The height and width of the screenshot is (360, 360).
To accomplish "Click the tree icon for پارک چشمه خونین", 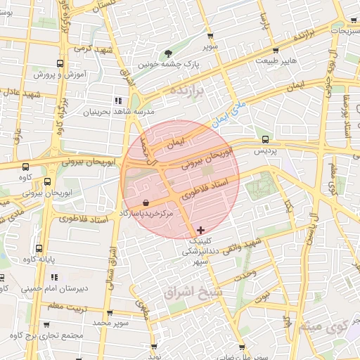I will [x=169, y=53].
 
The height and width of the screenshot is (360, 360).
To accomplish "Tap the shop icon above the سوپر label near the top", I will [x=210, y=36].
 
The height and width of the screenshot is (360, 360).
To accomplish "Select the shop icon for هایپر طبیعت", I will [x=275, y=51].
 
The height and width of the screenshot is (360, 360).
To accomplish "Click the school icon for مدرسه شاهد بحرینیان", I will [x=118, y=101].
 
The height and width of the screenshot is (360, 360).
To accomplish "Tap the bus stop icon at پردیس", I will [x=265, y=139].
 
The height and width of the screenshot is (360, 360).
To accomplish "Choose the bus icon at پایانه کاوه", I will [x=39, y=248].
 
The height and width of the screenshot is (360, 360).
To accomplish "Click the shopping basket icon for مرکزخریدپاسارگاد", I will [x=145, y=202].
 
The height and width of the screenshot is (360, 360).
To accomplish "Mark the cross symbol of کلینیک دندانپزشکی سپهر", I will [x=202, y=230].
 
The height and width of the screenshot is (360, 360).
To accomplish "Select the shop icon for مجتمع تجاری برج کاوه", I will [x=46, y=324].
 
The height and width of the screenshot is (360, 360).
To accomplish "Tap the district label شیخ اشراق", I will [x=191, y=290].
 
